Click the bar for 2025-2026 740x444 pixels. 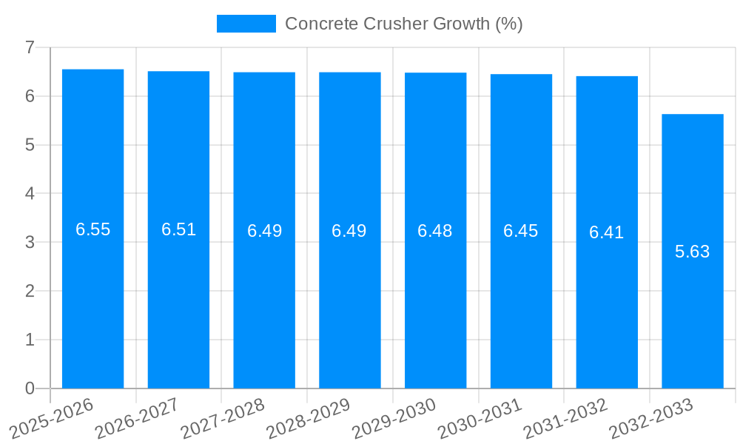[92, 229]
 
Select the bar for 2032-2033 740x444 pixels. [693, 251]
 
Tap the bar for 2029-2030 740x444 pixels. [435, 230]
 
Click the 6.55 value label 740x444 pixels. [92, 229]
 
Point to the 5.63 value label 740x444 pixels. [693, 252]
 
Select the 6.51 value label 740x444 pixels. [178, 229]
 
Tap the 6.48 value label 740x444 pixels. [435, 231]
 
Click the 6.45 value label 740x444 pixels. [521, 231]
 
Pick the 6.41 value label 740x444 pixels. [607, 232]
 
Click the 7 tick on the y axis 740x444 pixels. [30, 47]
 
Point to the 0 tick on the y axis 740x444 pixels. [30, 388]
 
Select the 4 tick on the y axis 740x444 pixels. [30, 194]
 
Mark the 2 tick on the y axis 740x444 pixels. [30, 291]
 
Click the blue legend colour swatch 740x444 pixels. [246, 24]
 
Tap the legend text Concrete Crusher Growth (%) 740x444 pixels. [403, 24]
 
